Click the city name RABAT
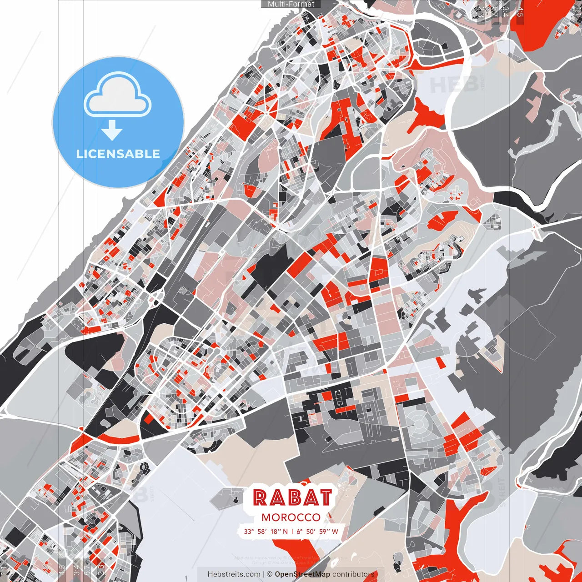[x=292, y=497]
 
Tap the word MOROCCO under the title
[x=291, y=517]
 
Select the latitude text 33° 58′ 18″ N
[x=266, y=531]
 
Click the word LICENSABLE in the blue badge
[x=118, y=154]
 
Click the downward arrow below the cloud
[x=112, y=131]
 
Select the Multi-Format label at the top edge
[x=291, y=4]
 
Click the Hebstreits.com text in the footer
[x=234, y=574]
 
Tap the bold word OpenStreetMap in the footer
[x=302, y=574]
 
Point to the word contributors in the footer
[x=353, y=574]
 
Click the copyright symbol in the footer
[x=270, y=574]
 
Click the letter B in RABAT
[x=292, y=497]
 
